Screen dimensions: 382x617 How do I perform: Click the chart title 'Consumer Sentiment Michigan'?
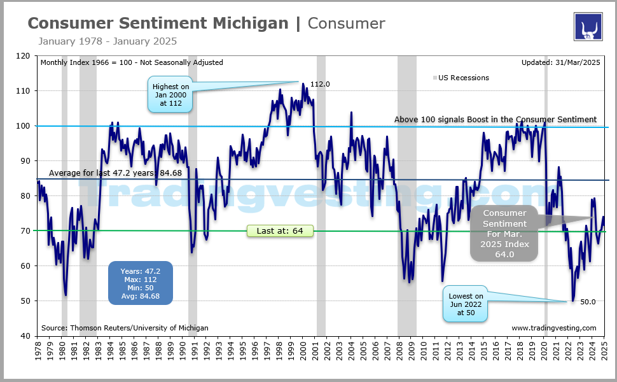(158, 24)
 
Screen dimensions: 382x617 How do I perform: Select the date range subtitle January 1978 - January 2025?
(107, 41)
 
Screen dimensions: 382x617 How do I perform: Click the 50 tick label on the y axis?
(25, 301)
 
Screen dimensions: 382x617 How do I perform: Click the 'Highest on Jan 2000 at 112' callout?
(170, 95)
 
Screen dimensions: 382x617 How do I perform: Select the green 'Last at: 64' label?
(280, 231)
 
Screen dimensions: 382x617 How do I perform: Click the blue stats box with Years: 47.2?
(140, 283)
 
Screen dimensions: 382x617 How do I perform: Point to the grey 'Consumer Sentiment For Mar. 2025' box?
(504, 233)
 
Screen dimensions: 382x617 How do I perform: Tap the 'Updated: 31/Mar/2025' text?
(559, 62)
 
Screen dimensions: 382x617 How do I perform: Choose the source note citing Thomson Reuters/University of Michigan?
(124, 328)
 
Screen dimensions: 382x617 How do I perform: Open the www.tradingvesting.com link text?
(553, 328)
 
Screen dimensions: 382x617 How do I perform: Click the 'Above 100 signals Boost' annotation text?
(495, 119)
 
